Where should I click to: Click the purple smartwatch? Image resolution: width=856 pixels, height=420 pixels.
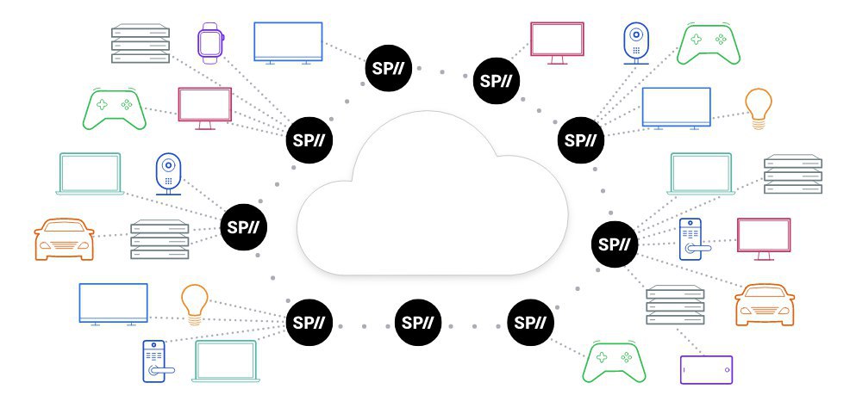coord(209,42)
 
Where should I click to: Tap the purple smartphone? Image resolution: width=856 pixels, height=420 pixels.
coord(706,369)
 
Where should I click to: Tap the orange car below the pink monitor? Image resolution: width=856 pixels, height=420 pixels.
coord(764,303)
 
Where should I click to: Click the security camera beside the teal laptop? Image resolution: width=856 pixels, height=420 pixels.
coord(167,173)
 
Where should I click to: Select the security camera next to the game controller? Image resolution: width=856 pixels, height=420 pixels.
coord(634,40)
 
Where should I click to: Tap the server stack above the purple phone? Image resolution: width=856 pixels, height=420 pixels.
coord(674,304)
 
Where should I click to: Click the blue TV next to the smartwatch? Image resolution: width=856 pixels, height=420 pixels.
coord(288,41)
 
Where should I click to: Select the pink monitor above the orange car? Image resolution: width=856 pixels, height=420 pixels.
coord(763,238)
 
